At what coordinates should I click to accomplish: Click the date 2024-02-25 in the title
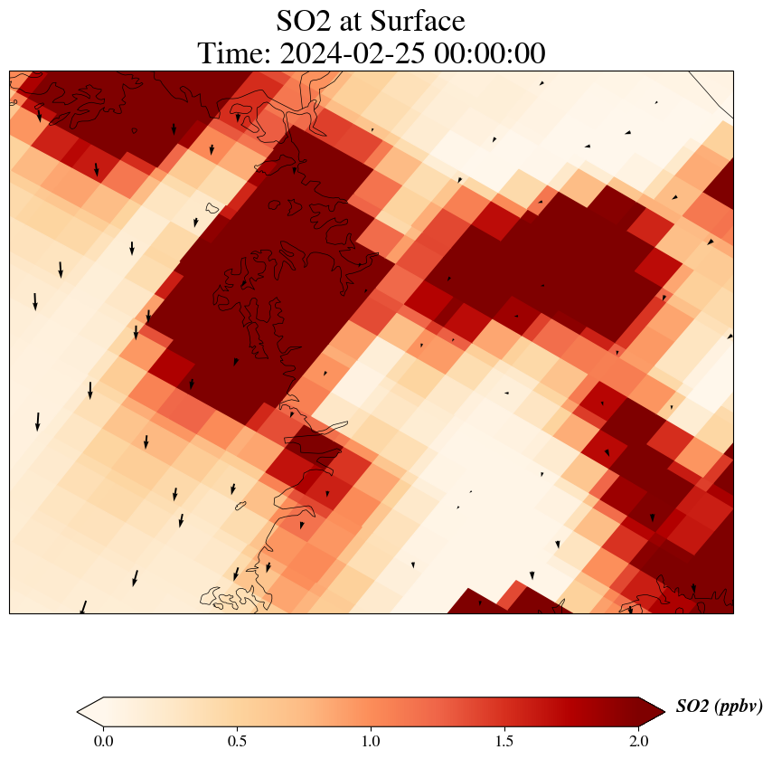353,53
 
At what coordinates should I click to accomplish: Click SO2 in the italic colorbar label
692,707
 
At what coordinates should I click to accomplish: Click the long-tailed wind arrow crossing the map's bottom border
83,607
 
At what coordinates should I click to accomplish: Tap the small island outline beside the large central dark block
212,209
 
